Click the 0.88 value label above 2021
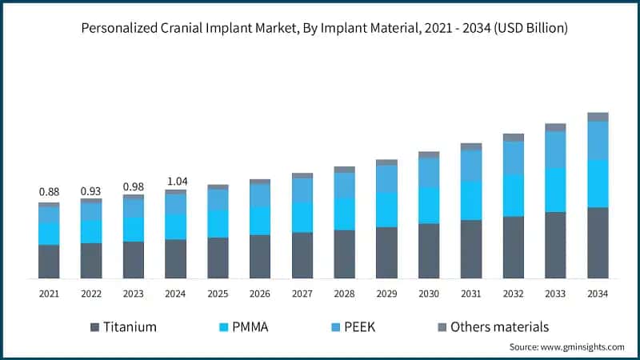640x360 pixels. pos(49,192)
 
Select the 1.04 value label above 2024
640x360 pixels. pos(175,181)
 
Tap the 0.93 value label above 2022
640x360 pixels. pos(91,192)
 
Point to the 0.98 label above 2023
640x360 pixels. pos(133,186)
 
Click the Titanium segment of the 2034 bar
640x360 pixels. pos(598,242)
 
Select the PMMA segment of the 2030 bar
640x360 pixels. pos(429,205)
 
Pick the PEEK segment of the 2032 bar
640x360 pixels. pos(514,158)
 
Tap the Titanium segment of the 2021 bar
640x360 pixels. pos(49,261)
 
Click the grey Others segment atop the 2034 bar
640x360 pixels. pos(598,117)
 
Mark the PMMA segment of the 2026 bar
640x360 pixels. pos(260,220)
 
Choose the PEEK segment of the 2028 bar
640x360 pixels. pos(344,185)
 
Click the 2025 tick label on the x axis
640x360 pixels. pos(218,294)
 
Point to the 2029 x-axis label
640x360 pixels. pos(386,294)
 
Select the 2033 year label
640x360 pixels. pos(555,294)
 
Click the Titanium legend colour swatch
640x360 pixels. pos(95,326)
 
